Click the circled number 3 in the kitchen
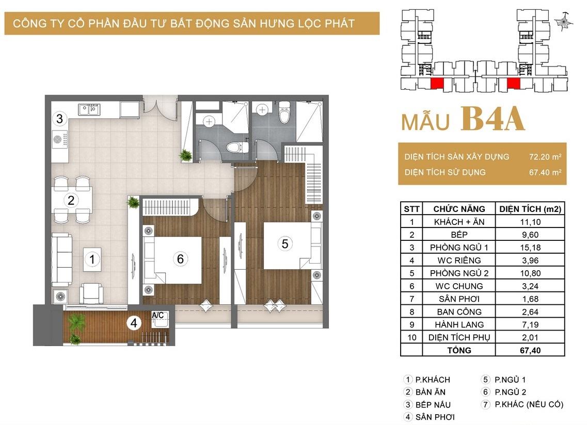59,119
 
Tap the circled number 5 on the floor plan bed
285,244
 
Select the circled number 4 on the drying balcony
134,323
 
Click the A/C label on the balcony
157,315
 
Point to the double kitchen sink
89,110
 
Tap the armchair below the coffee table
91,292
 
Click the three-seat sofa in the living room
62,259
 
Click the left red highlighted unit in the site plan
437,84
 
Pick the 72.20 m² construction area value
545,157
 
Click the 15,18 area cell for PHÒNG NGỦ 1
530,247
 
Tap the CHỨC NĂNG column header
459,209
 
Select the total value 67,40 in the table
530,351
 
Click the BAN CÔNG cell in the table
459,312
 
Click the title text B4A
493,119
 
